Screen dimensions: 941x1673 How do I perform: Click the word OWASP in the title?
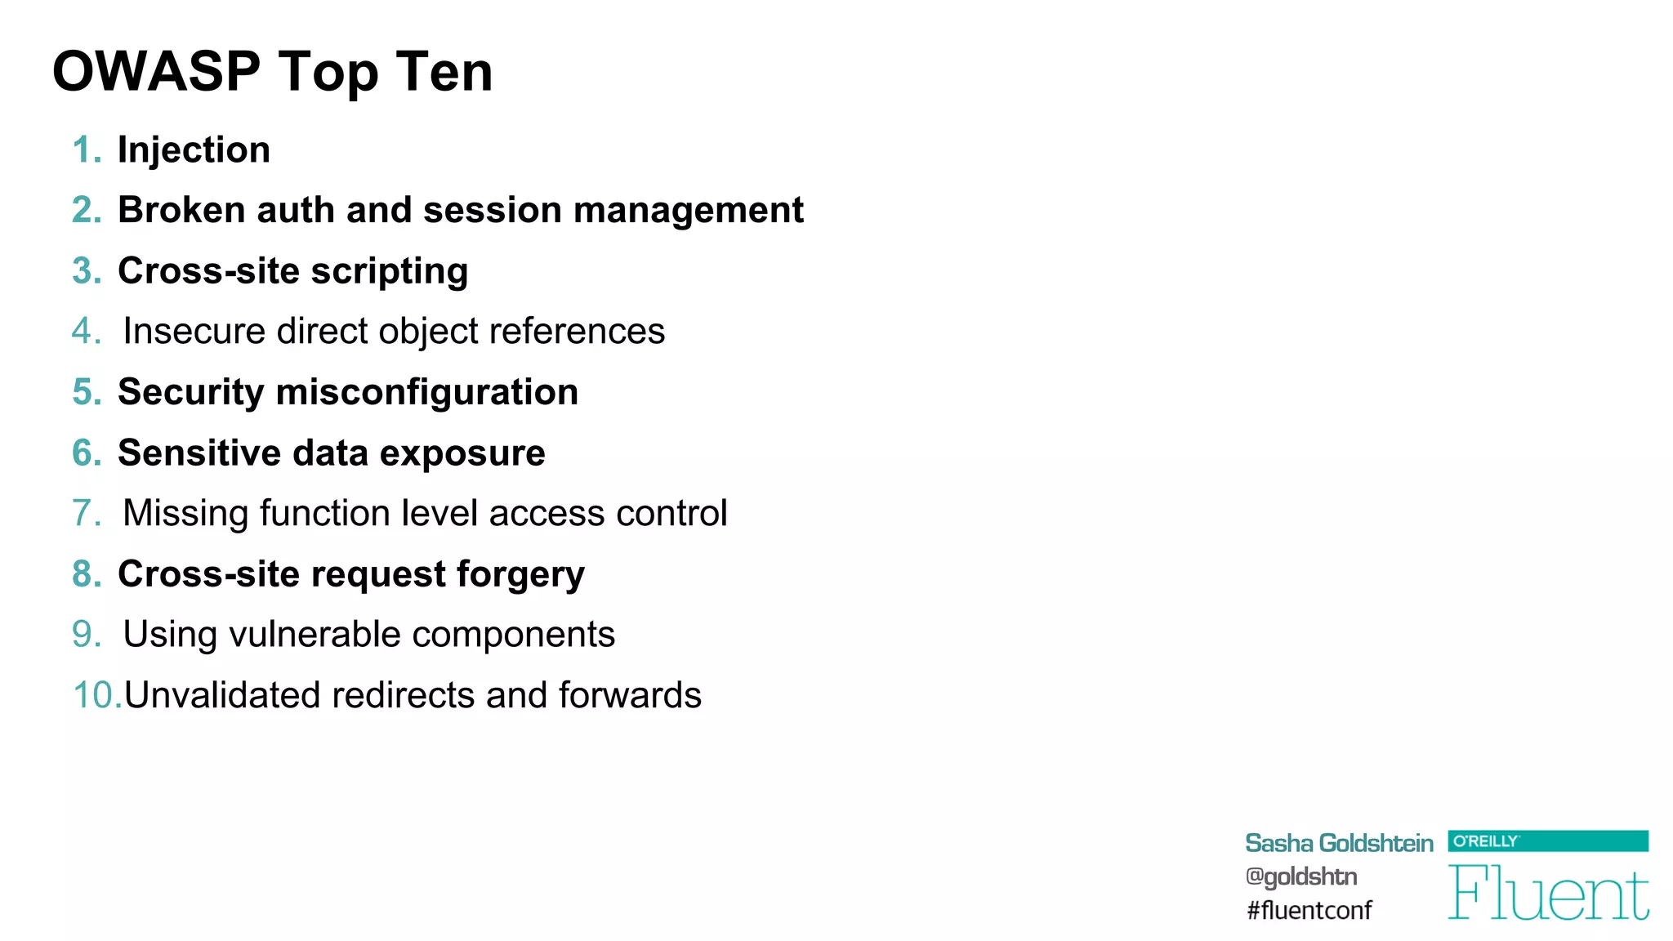(156, 72)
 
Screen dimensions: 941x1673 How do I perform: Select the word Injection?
(194, 150)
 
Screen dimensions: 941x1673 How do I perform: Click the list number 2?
(86, 211)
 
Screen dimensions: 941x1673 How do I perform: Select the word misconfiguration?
(427, 393)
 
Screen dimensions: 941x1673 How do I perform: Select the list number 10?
(96, 696)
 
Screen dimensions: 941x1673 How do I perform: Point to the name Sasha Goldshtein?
(1338, 844)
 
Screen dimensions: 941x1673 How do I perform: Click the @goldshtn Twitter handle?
(1300, 877)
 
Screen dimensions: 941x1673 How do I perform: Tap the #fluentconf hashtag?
(1309, 911)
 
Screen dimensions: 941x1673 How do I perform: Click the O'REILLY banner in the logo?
(1547, 841)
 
